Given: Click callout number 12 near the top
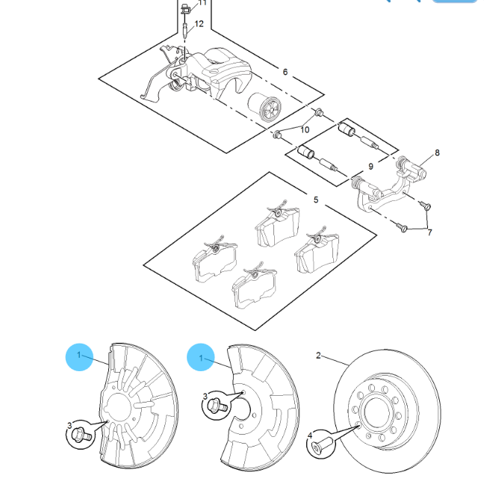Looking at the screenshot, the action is [199, 24].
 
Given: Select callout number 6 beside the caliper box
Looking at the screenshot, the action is [285, 72].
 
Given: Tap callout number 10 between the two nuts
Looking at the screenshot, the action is [305, 130].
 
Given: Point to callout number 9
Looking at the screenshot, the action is [370, 167].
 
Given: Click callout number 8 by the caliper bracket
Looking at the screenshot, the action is [437, 152].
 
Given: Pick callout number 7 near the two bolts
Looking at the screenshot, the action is [429, 232].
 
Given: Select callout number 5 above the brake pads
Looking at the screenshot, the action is [316, 199].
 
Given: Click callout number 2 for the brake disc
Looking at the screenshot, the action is [318, 356].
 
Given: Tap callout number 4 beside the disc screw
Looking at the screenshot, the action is [310, 435].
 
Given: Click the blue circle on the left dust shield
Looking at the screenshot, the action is [79, 357].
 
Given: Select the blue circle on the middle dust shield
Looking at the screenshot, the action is [201, 357].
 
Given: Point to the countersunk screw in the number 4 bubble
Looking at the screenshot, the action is [322, 445].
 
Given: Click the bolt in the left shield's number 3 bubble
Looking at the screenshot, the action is [81, 435].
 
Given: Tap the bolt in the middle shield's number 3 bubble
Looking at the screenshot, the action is [217, 405].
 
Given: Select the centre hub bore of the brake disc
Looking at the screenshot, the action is [377, 411].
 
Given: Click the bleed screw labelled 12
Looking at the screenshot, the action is [185, 31].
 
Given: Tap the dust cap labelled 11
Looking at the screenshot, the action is [185, 9].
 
